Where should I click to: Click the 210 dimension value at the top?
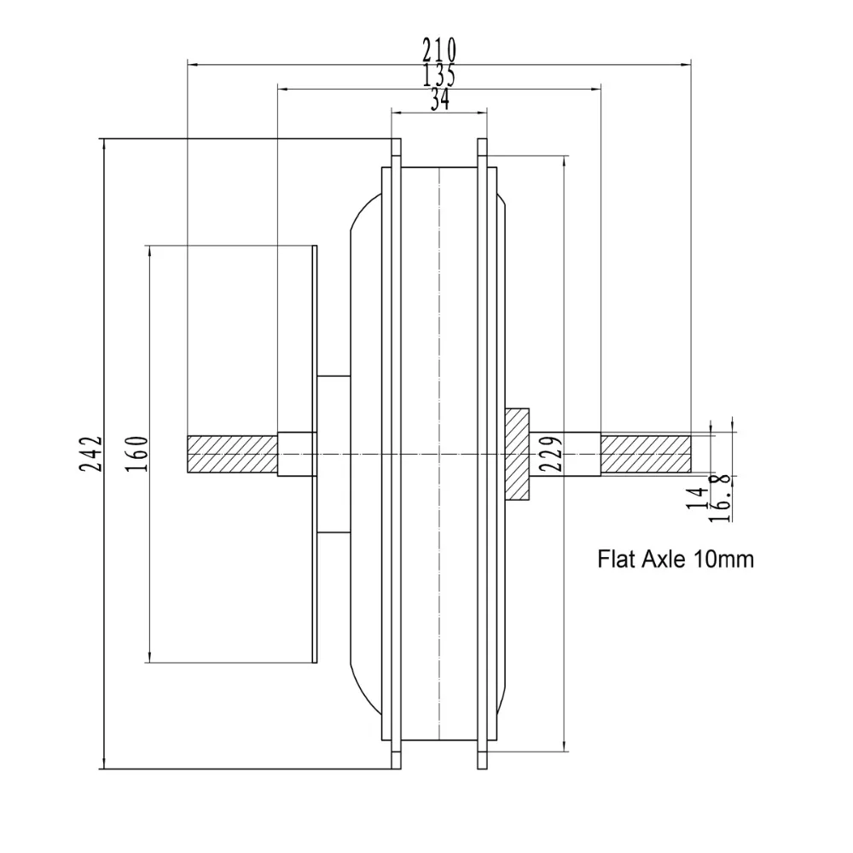point(439,48)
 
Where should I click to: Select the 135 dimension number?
point(439,75)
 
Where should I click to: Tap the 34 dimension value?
point(440,101)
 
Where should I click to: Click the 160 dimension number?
point(141,454)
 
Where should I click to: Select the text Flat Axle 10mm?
point(676,560)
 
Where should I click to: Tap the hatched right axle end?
point(645,454)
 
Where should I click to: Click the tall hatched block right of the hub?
point(517,454)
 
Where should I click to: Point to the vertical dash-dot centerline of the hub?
point(439,341)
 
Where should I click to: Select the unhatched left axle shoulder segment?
point(297,454)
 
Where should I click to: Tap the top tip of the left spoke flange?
point(396,145)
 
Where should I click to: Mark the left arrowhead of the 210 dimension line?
point(191,62)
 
